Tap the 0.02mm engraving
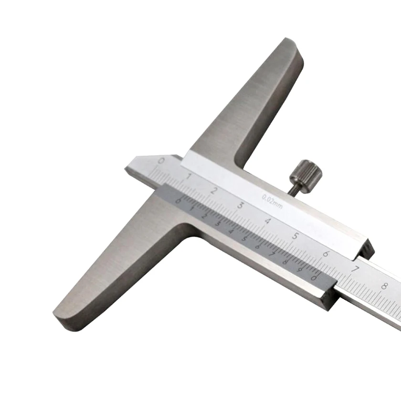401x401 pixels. [x=273, y=200]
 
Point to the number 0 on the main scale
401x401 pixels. [x=161, y=161]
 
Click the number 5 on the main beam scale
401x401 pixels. [x=296, y=236]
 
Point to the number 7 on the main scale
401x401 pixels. [x=355, y=269]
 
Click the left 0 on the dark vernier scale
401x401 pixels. [x=178, y=201]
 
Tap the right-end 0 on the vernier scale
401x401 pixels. [x=314, y=277]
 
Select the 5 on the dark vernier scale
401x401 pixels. [x=245, y=238]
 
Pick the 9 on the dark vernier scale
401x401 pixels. [x=300, y=269]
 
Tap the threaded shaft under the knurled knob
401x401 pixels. [x=292, y=188]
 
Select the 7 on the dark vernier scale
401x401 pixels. [x=272, y=254]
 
